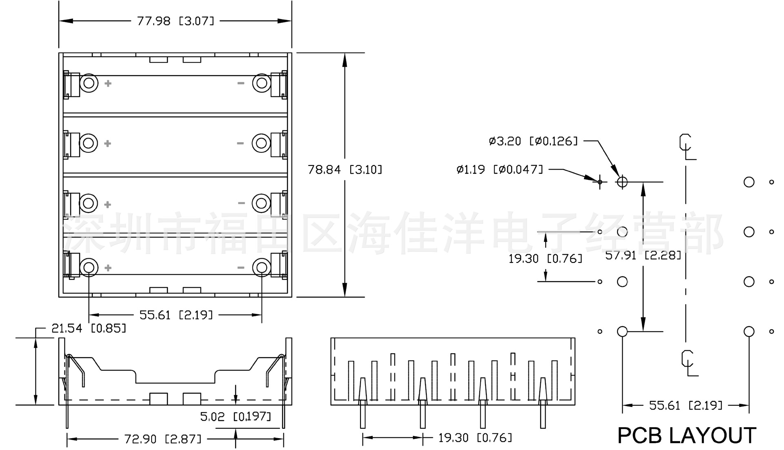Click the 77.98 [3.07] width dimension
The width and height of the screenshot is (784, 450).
[x=176, y=21]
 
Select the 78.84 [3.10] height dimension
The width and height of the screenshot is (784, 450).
[x=345, y=169]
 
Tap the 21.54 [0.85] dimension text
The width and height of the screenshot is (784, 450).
[x=89, y=328]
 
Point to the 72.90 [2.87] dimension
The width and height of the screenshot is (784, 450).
[x=163, y=439]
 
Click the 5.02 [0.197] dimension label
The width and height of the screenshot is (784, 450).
[x=236, y=416]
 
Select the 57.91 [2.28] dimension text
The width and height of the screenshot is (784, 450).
[x=643, y=255]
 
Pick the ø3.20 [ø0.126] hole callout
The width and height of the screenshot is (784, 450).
[x=533, y=141]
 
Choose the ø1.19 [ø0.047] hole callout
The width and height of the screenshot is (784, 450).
[x=500, y=169]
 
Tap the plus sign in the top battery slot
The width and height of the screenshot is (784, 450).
[x=108, y=83]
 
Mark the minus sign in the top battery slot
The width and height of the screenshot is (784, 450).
[x=241, y=83]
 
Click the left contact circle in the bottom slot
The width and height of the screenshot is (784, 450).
[x=89, y=267]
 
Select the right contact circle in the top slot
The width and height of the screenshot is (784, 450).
[x=261, y=83]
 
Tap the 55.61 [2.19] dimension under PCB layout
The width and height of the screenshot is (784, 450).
[x=686, y=405]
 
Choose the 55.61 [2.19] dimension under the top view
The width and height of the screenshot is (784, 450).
[x=176, y=315]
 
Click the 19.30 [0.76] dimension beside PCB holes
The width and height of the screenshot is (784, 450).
[x=545, y=258]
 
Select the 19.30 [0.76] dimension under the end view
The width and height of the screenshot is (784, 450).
[x=475, y=438]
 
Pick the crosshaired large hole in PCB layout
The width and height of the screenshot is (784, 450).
[x=622, y=181]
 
